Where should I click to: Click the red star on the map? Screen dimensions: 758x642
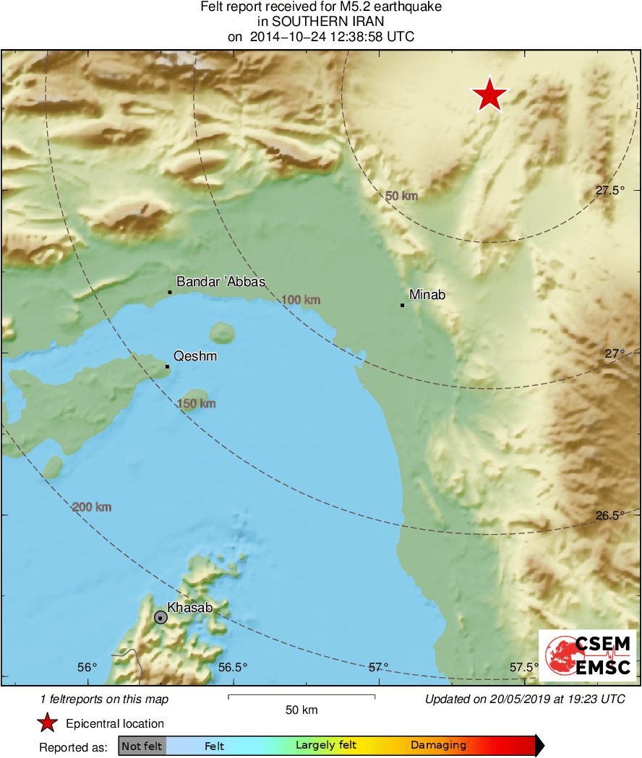click(490, 95)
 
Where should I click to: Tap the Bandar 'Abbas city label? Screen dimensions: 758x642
click(221, 282)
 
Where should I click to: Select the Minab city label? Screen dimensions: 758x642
click(427, 294)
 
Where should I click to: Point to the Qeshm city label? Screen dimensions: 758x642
click(195, 356)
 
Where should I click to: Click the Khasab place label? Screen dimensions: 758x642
click(190, 608)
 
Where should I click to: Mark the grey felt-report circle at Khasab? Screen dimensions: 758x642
click(160, 617)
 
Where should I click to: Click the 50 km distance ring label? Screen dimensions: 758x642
click(401, 196)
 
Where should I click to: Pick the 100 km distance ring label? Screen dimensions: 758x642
click(301, 300)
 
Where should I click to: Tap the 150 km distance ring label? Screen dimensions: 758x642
click(197, 404)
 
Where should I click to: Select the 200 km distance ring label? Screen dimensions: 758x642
click(92, 507)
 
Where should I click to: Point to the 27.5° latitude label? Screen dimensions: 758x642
click(609, 191)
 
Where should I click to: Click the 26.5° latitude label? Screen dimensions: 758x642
click(609, 516)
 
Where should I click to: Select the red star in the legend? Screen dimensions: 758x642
click(47, 723)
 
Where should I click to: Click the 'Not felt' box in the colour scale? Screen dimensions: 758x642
click(142, 746)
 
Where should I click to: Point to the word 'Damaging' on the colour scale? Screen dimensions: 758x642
click(438, 746)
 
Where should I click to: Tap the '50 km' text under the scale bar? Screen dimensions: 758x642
click(301, 710)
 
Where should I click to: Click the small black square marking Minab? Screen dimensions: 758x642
click(402, 305)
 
